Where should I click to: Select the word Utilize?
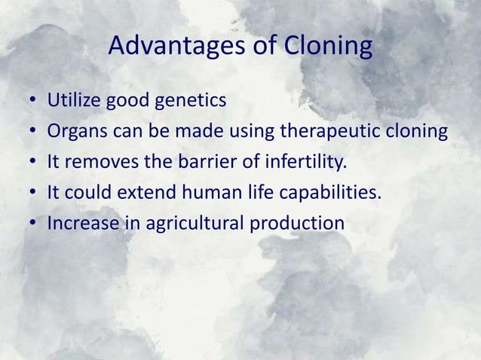click(x=73, y=100)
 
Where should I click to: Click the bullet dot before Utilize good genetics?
click(x=33, y=102)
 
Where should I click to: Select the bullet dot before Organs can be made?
click(x=33, y=133)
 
